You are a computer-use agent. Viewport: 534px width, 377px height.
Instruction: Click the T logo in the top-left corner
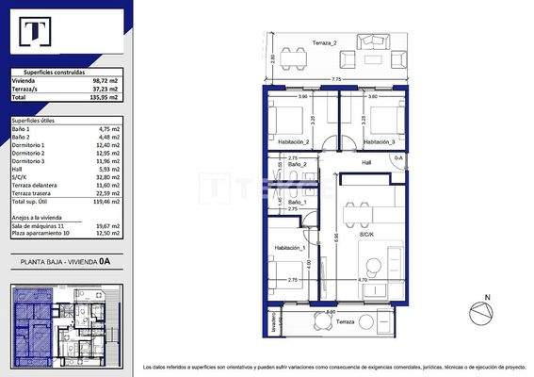point(36,34)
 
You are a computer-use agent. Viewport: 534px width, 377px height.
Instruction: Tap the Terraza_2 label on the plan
point(324,43)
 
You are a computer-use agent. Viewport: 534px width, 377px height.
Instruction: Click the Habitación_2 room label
point(294,141)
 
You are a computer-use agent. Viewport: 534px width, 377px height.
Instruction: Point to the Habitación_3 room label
point(380,141)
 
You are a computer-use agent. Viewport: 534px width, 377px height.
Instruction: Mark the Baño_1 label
point(297,203)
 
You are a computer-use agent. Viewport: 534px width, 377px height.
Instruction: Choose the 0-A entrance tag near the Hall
point(398,157)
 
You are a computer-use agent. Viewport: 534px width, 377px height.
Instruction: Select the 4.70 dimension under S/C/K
point(361,280)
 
